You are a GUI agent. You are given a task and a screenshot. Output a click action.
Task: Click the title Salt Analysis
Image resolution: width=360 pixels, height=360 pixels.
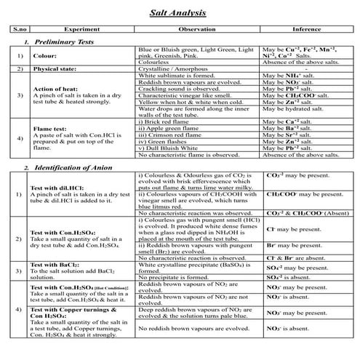pos(180,13)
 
